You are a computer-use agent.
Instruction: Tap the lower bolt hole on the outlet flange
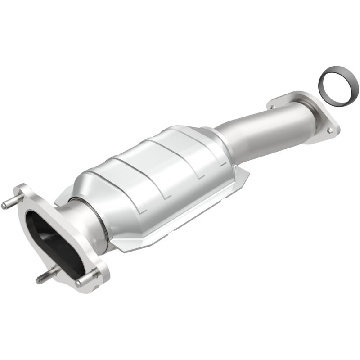[x=330, y=130]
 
